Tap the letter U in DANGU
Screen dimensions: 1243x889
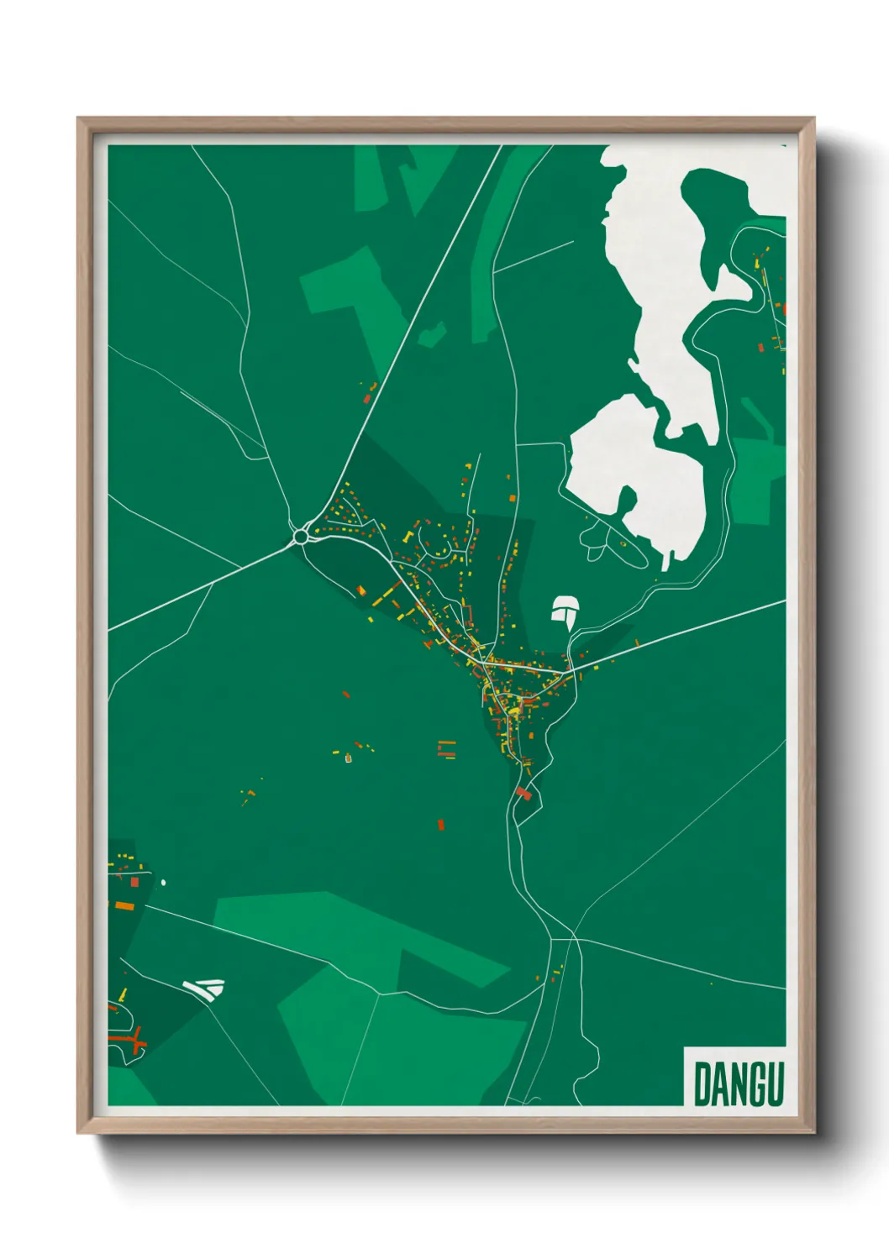[773, 1084]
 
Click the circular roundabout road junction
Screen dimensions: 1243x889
[301, 536]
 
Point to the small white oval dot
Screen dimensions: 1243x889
[163, 883]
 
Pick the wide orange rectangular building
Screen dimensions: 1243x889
[124, 905]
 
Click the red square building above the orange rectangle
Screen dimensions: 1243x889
[134, 882]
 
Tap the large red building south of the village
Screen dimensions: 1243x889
[523, 793]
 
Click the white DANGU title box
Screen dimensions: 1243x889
[735, 1077]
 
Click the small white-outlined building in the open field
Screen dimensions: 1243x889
[348, 759]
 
